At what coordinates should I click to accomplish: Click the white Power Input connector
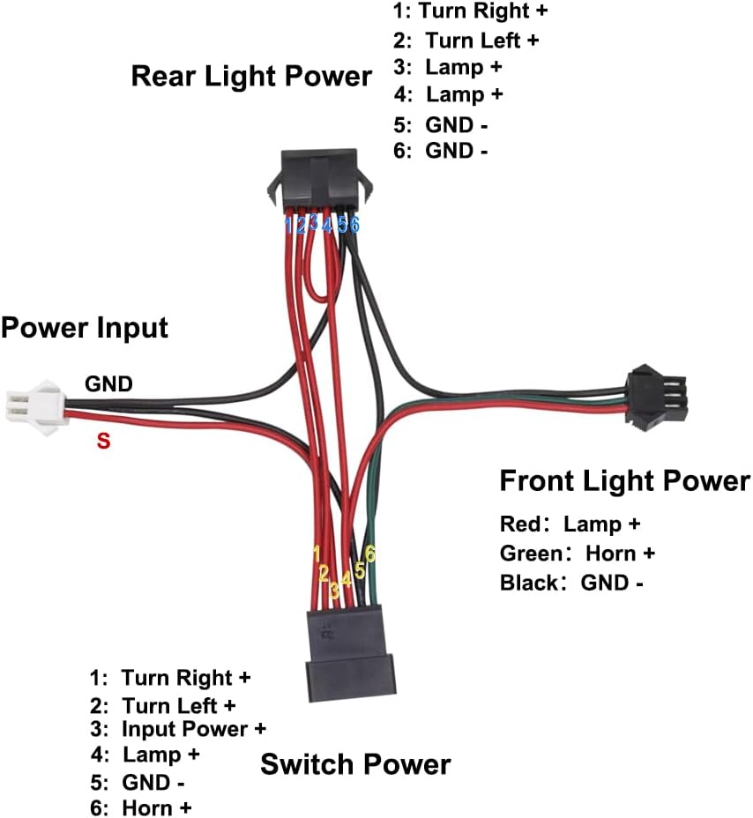(x=34, y=408)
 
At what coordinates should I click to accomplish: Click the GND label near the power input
(x=108, y=383)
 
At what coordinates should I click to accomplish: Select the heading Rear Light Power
(x=251, y=77)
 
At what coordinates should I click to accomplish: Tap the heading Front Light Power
(x=624, y=481)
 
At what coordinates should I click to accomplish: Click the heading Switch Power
(x=355, y=764)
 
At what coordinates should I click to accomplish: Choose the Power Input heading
(x=85, y=329)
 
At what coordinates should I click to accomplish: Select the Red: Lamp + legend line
(x=570, y=524)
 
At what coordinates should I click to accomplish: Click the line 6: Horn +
(x=141, y=807)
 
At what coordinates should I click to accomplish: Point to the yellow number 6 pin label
(x=371, y=554)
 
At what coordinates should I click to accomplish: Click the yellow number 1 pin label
(x=317, y=554)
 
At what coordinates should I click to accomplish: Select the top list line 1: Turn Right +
(x=471, y=11)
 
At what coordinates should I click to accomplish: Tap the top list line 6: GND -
(x=441, y=151)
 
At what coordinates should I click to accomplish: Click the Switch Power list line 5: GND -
(x=138, y=782)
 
